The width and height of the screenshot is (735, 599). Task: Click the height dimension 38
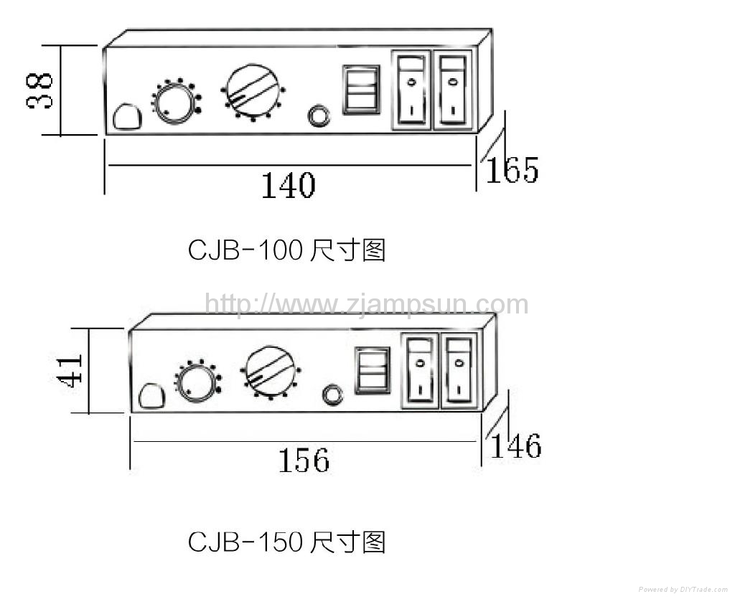40,90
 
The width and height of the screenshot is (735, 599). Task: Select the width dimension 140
287,186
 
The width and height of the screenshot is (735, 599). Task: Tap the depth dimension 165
512,170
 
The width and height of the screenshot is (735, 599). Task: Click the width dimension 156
304,460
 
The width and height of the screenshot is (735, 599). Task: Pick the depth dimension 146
515,445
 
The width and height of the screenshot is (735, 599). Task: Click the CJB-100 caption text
286,250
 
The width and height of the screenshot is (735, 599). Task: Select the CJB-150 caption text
286,542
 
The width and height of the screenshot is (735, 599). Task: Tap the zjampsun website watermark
366,304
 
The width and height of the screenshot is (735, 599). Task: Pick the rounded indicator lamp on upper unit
128,117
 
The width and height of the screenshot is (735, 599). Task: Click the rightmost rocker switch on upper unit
453,90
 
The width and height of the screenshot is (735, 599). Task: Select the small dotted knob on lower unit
196,381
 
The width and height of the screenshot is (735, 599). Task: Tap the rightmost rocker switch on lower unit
459,371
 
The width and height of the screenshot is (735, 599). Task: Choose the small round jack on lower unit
332,395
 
